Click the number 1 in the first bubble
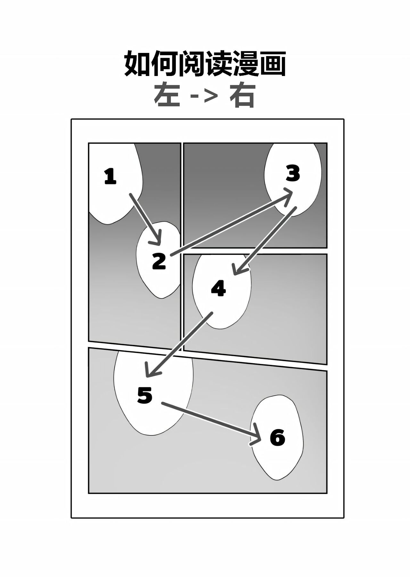tap(111, 177)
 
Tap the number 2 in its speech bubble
tap(159, 261)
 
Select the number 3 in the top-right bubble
tap(293, 174)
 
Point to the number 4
tap(218, 288)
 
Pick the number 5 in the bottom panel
tap(144, 395)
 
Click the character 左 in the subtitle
tap(167, 96)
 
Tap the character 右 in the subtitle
tap(242, 96)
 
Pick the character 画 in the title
tap(272, 63)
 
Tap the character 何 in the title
tap(164, 63)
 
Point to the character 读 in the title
tap(218, 63)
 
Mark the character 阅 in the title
tap(191, 63)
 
